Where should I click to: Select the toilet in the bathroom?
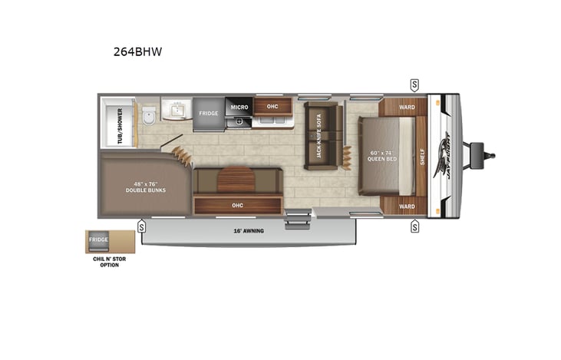[148, 116]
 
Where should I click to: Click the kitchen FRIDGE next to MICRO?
[209, 114]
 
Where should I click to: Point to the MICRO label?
[238, 106]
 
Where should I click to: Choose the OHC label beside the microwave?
[272, 106]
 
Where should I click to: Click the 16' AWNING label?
[248, 230]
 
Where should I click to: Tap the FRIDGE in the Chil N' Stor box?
[98, 240]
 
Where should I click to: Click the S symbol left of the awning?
[142, 226]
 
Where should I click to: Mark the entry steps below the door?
[295, 221]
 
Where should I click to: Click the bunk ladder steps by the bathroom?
[182, 153]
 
